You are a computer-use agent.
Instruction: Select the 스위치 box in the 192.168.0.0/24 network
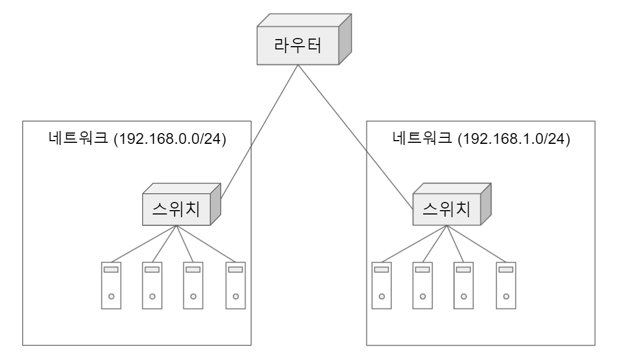tap(175, 209)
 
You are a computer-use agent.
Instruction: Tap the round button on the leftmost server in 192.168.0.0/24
tap(111, 296)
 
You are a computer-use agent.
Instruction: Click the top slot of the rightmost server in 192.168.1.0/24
tap(506, 269)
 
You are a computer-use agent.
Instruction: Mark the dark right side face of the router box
tap(345, 43)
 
